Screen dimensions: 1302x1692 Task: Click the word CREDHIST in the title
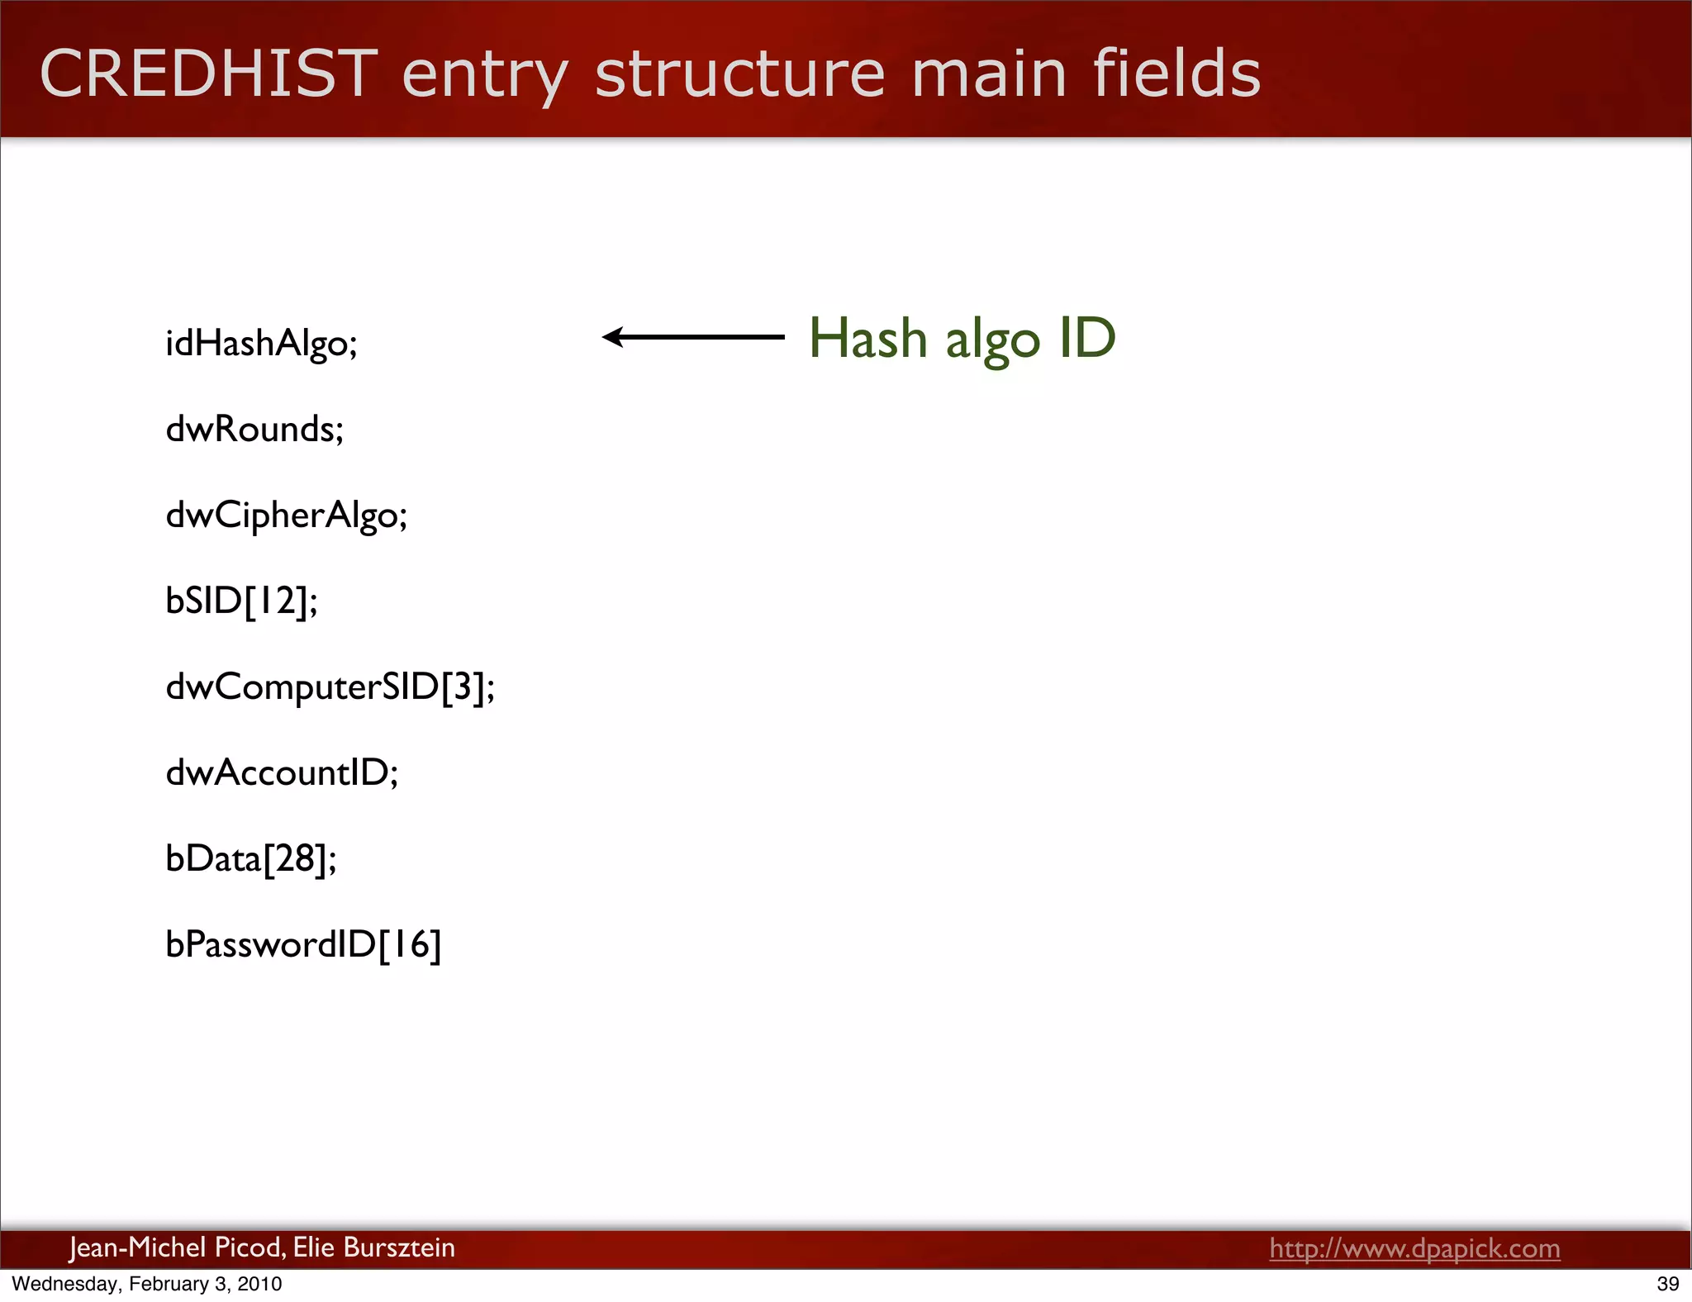pos(208,74)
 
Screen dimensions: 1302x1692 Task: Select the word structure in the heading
pos(740,74)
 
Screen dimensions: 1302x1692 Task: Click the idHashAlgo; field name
pos(261,344)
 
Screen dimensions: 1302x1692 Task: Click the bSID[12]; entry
pos(241,601)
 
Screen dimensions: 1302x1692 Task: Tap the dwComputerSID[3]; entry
pos(330,687)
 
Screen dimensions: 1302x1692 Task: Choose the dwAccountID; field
pos(282,773)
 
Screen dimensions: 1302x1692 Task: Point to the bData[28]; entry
pos(250,859)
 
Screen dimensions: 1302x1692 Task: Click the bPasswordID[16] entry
pos(303,945)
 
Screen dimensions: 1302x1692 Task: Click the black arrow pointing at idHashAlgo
pos(692,337)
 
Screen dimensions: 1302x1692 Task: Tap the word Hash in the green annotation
pos(867,339)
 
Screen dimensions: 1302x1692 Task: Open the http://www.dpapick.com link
pos(1414,1248)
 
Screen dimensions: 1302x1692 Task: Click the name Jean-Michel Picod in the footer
pos(177,1247)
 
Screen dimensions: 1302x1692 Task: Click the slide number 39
pos(1667,1284)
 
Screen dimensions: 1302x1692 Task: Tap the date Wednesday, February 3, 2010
pos(147,1284)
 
